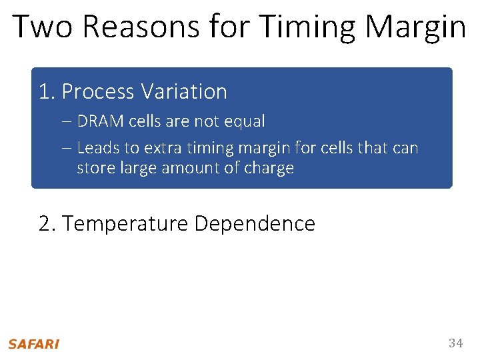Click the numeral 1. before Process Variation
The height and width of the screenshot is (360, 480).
[47, 91]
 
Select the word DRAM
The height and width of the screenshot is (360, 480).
[98, 121]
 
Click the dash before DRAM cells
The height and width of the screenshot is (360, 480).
[69, 121]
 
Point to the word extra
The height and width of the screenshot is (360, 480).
[161, 148]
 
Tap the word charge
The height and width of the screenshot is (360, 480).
[271, 168]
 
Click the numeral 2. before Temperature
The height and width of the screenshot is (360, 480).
[47, 223]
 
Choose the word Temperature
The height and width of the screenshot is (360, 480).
[125, 223]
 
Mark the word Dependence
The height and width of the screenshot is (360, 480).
[254, 223]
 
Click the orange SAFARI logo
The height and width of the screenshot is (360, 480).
[33, 344]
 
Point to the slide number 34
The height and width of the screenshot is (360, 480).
[455, 343]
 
